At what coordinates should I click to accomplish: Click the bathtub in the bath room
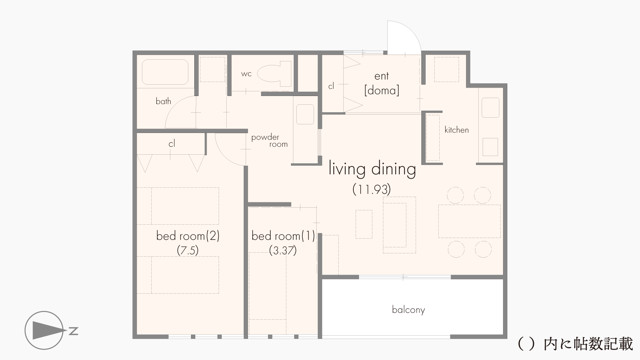click(x=165, y=72)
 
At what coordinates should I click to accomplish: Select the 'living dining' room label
click(x=372, y=169)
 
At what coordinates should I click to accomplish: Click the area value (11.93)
click(x=372, y=189)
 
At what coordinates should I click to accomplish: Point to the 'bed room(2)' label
click(x=188, y=236)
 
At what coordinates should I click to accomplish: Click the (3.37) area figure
click(x=283, y=250)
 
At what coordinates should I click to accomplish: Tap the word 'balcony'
click(x=408, y=310)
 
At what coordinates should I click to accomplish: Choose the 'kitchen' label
click(x=457, y=130)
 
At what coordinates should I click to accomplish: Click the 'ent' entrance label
click(x=382, y=76)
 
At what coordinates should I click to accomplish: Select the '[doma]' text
click(x=382, y=90)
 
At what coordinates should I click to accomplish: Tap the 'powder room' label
click(x=269, y=141)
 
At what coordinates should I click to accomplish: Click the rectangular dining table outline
click(x=469, y=221)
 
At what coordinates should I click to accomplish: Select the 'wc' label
click(x=246, y=74)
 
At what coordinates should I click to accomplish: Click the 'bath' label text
click(x=163, y=101)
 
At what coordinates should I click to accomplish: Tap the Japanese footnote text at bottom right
click(x=575, y=344)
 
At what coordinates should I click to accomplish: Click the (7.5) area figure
click(x=188, y=250)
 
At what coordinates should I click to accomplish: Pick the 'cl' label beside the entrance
click(x=331, y=86)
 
